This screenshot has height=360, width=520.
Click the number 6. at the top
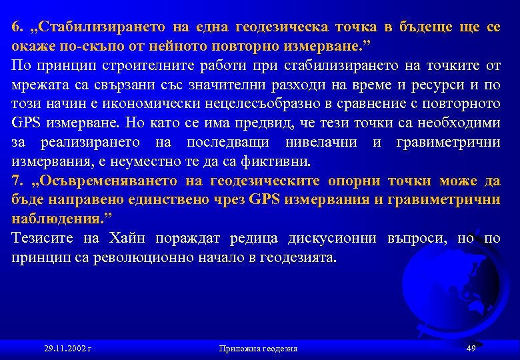(17, 28)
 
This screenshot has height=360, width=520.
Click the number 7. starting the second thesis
(17, 181)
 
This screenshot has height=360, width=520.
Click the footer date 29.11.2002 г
(67, 349)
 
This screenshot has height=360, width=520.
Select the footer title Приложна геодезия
(257, 349)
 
